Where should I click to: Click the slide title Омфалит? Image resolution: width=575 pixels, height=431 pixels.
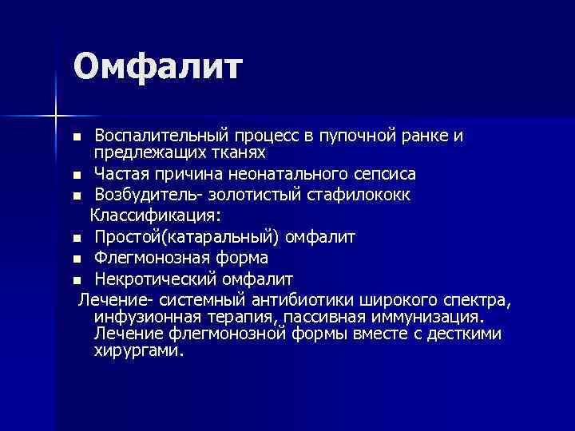click(157, 67)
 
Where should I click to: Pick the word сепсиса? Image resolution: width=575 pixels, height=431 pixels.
click(382, 173)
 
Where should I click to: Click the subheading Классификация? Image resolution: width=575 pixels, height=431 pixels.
click(156, 215)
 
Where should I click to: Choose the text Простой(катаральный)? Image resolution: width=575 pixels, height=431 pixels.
click(188, 237)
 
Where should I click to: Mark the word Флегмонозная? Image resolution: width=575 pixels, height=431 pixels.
click(151, 259)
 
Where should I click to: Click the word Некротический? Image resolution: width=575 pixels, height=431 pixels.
click(155, 279)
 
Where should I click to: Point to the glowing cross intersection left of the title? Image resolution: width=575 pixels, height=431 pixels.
click(56, 115)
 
